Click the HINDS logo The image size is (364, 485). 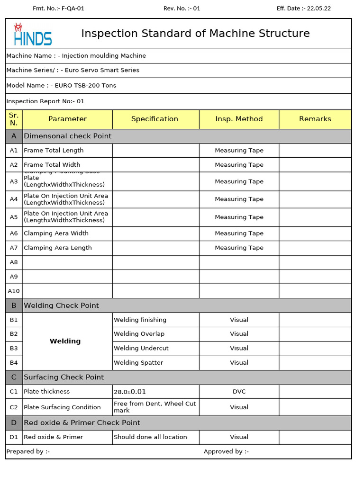(32, 34)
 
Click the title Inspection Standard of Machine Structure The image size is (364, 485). (195, 34)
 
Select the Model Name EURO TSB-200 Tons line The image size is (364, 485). (61, 86)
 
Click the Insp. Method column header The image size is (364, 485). (239, 119)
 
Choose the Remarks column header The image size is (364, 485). (315, 119)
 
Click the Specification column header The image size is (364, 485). (155, 119)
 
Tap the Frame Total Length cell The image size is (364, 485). (54, 151)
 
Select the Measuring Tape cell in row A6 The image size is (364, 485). (239, 234)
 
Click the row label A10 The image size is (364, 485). (14, 291)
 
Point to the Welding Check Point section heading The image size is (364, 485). (61, 305)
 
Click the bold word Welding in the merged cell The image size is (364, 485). (65, 341)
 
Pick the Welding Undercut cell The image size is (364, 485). (141, 349)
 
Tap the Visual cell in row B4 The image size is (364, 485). (239, 363)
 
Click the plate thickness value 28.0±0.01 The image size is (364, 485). (130, 392)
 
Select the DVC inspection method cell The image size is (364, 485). (239, 392)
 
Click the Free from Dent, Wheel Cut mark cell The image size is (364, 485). (155, 407)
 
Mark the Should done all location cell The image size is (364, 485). (150, 437)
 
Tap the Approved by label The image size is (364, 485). (226, 452)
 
